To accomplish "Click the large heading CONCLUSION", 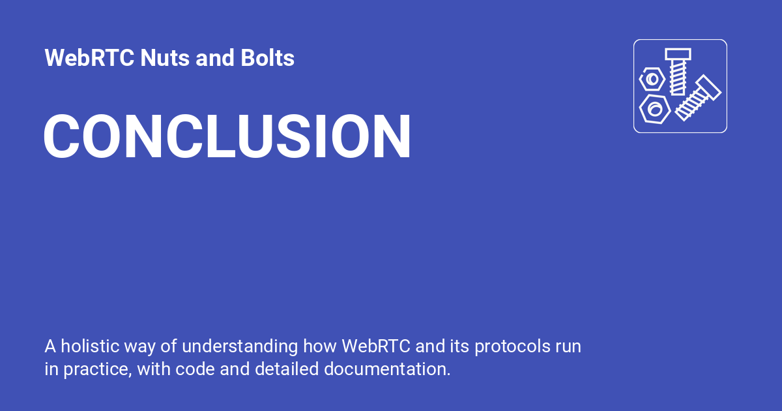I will pyautogui.click(x=227, y=137).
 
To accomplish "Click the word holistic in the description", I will pyautogui.click(x=87, y=346).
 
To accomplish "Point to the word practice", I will pyautogui.click(x=98, y=369).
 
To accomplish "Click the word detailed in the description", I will pyautogui.click(x=286, y=369).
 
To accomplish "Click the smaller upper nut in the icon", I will pyautogui.click(x=652, y=80).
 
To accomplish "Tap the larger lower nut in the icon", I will pyautogui.click(x=654, y=108).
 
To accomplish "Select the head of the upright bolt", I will pyautogui.click(x=678, y=54).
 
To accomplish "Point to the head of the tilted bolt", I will pyautogui.click(x=708, y=87).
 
